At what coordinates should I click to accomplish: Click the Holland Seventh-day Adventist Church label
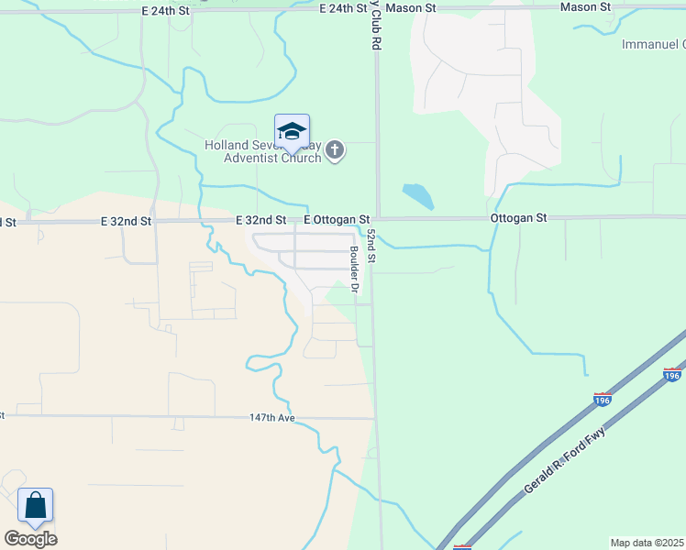coord(262,151)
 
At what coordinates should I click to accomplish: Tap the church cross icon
coord(336,150)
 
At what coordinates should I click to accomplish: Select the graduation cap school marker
coord(292,132)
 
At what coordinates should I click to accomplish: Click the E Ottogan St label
coord(337,220)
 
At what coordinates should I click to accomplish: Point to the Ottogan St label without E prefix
coord(518,218)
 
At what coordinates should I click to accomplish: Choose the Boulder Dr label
coord(353,269)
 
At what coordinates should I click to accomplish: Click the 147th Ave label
coord(271,417)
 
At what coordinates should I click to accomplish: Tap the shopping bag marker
coord(35,506)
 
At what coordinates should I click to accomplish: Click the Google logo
coord(30,538)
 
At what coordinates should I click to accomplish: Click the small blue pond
coord(418,195)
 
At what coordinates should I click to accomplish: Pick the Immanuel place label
coord(653,44)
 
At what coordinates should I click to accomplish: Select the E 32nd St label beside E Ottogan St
coord(260,220)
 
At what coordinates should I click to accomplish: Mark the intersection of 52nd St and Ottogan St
coord(376,218)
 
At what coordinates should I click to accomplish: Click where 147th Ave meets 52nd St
coord(376,418)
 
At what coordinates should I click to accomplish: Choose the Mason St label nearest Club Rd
coord(409,7)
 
